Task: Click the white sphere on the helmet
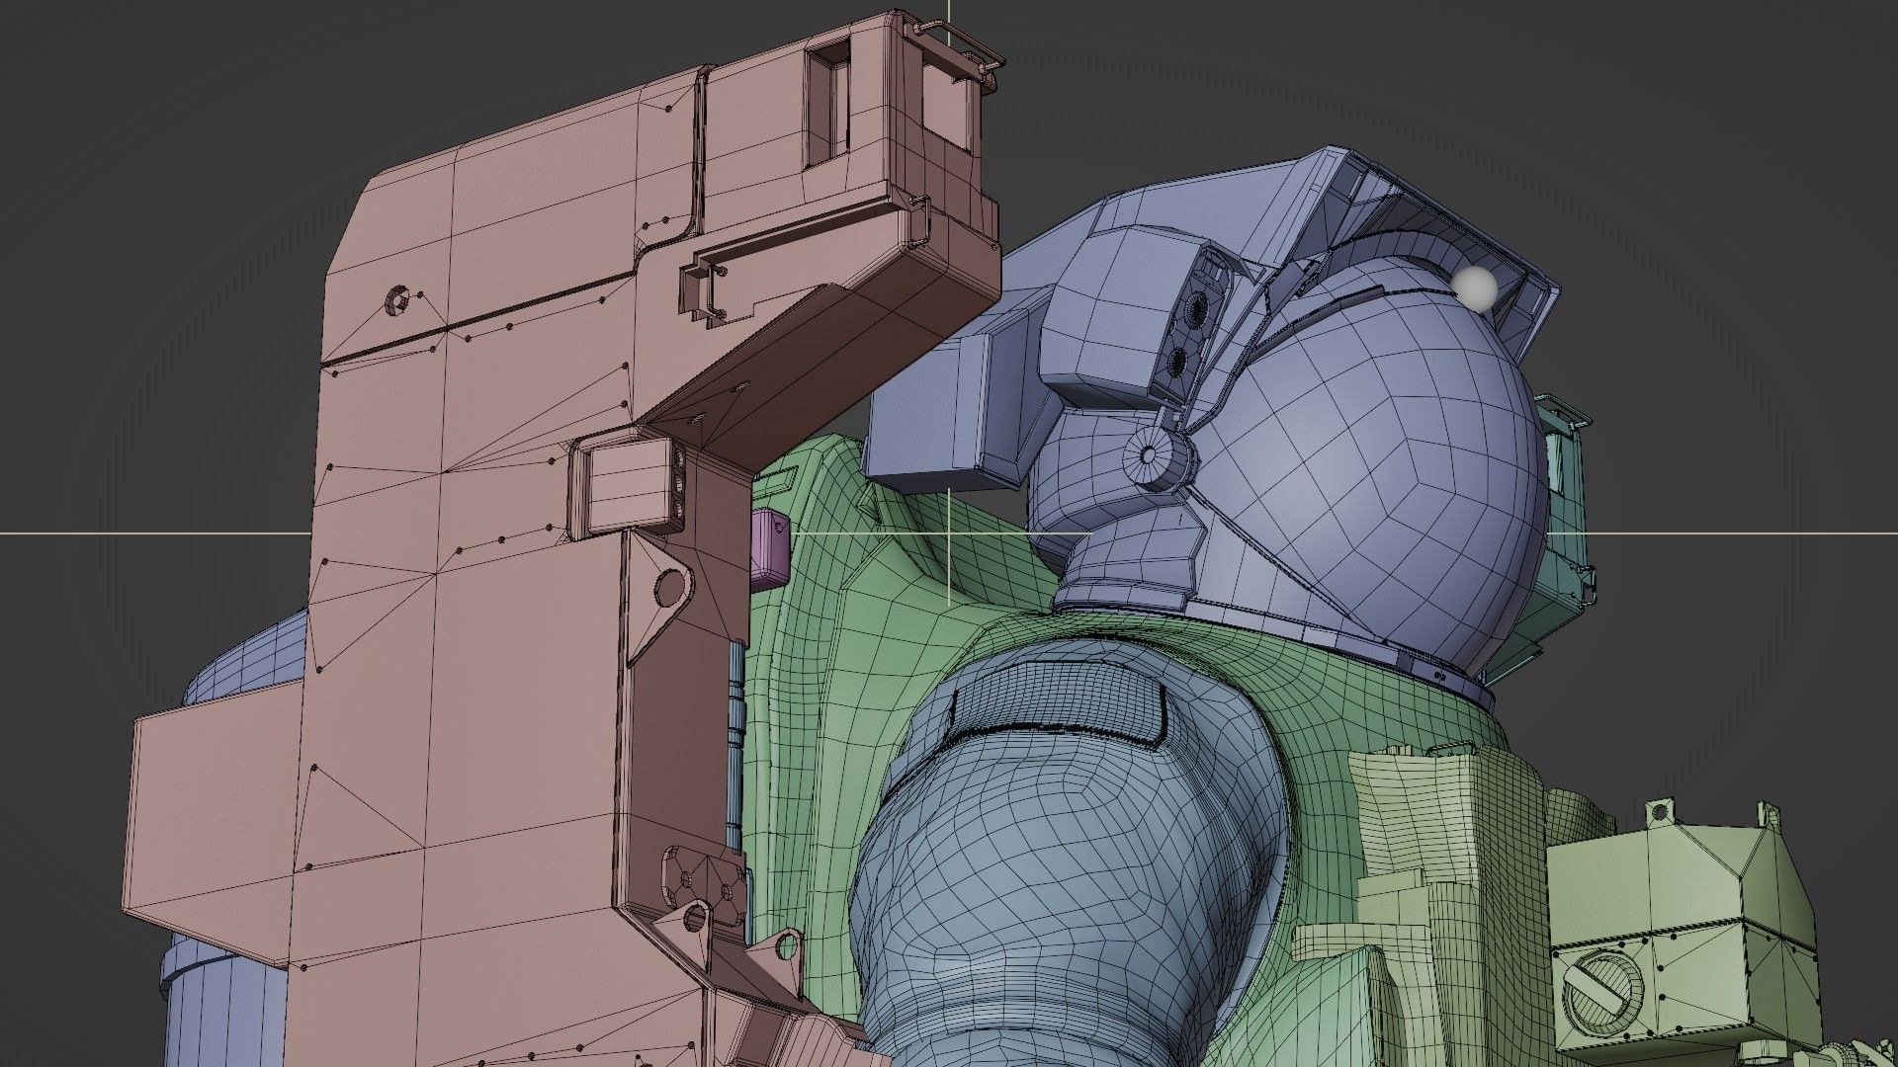1477,287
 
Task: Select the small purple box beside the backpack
770,545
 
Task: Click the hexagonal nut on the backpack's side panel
397,298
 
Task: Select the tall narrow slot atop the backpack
828,105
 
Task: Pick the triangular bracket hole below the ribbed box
671,589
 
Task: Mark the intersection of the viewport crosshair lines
950,533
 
